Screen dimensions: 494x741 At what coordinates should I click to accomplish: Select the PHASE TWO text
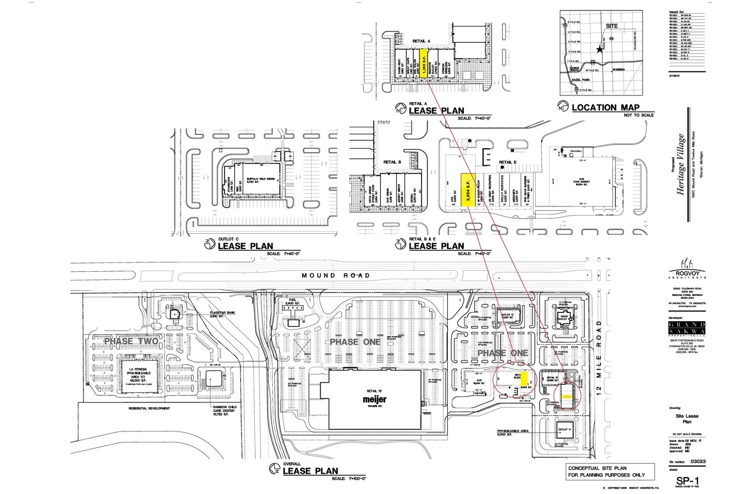point(131,341)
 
